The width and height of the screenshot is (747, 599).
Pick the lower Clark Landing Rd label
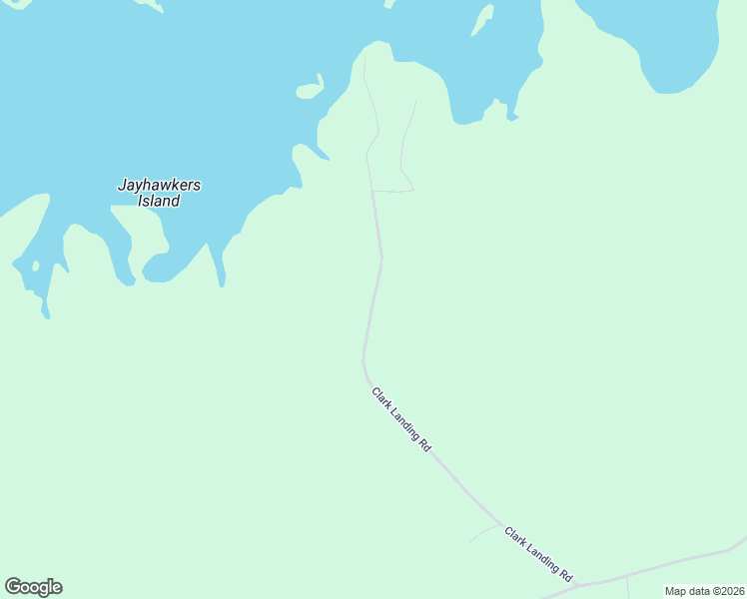pos(538,555)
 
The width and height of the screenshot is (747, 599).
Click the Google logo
pos(33,587)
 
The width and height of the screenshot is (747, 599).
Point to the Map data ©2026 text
pos(704,591)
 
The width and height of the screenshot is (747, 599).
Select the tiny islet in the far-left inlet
pos(35,267)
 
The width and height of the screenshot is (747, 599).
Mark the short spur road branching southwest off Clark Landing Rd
pos(483,532)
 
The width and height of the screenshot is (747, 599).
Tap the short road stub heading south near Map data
pos(627,587)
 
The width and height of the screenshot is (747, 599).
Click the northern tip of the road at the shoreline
pos(364,59)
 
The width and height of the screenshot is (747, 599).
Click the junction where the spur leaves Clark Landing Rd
pos(500,524)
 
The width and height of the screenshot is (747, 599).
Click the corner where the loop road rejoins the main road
pos(373,191)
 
